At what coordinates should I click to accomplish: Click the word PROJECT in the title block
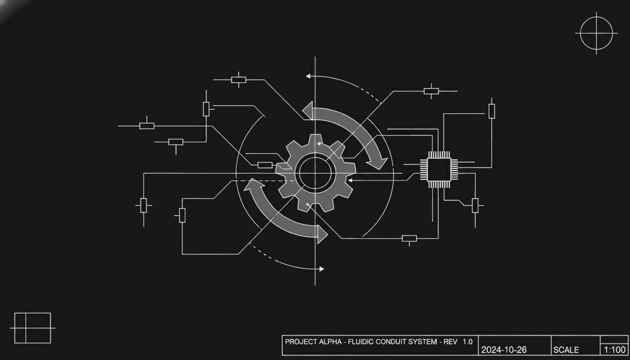pos(300,342)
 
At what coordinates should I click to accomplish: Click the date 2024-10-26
pos(503,350)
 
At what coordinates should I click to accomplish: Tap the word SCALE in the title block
pos(566,350)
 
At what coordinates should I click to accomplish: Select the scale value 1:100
pos(615,349)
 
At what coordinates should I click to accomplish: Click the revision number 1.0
pos(467,342)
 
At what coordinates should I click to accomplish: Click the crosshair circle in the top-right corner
pos(596,33)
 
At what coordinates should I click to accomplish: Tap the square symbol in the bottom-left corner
pos(32,328)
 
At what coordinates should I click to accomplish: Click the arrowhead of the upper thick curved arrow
pos(379,162)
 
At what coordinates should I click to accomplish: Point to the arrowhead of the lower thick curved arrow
pos(322,233)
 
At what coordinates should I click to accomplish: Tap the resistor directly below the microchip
pos(409,239)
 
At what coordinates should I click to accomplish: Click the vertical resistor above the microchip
pos(491,111)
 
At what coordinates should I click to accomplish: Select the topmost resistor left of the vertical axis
pos(239,80)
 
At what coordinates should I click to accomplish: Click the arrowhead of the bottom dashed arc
pos(321,269)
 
